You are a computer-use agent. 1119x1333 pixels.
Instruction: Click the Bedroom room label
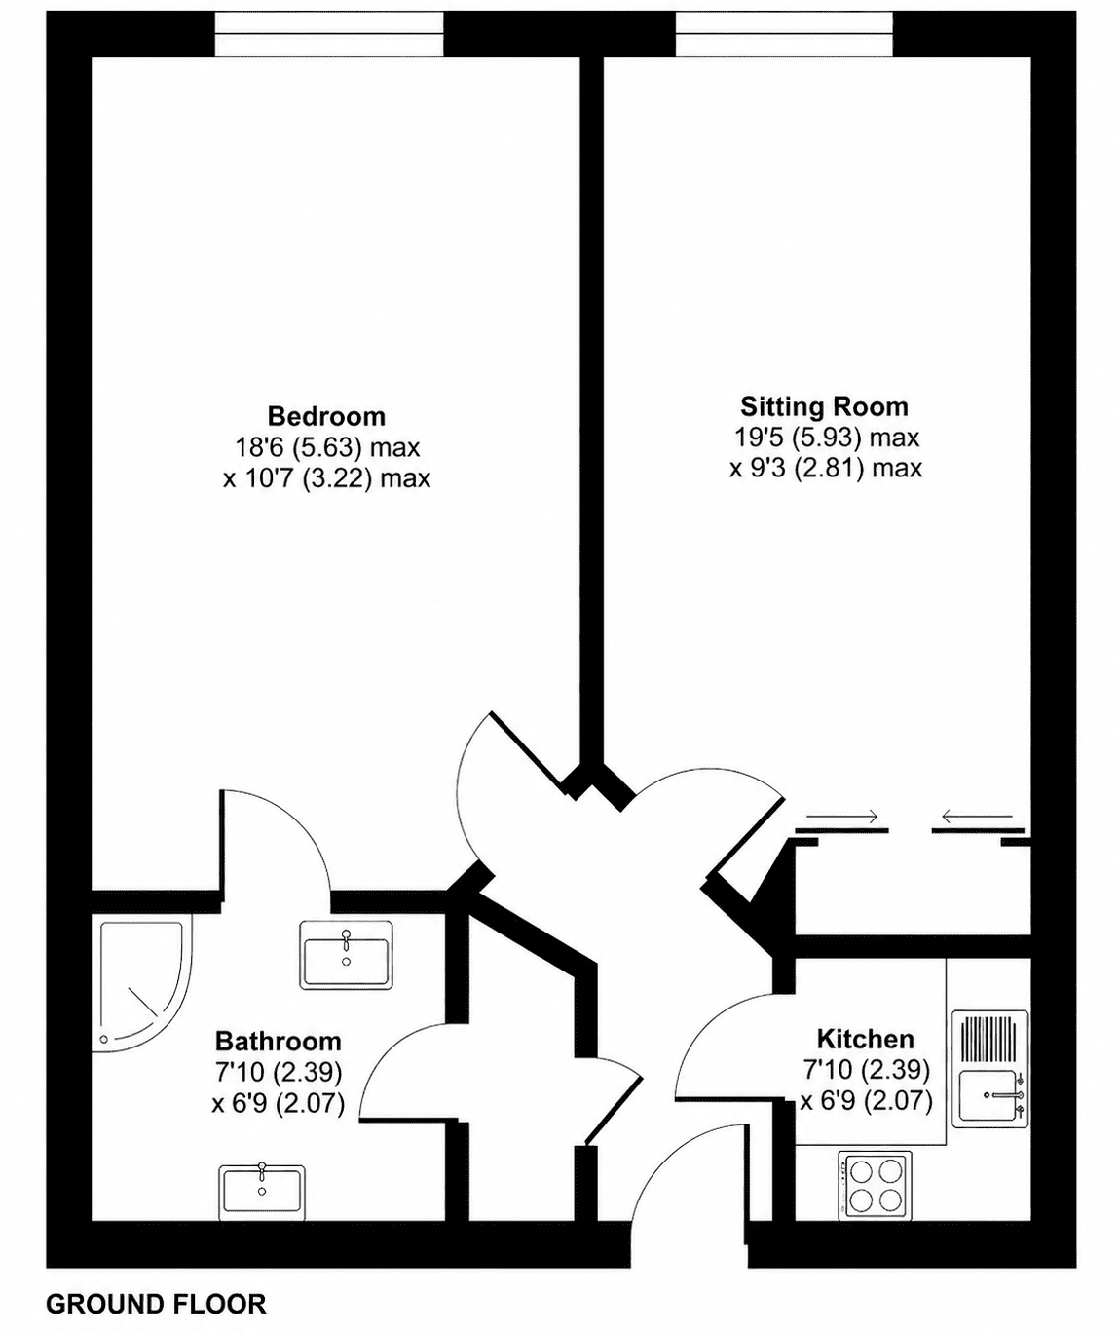326,416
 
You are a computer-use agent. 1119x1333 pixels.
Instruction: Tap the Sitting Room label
824,406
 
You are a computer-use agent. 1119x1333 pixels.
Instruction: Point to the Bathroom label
279,1042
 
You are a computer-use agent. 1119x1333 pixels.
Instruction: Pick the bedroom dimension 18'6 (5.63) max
328,447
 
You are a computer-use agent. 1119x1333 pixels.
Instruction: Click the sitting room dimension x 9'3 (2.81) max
826,468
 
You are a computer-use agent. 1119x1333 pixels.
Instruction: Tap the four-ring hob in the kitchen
874,1186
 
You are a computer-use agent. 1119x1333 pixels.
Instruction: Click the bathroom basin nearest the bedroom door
347,955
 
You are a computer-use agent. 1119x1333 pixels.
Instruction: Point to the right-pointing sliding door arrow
842,816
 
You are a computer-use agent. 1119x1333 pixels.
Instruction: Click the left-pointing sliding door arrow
977,816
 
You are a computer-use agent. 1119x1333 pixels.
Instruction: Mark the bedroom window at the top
329,34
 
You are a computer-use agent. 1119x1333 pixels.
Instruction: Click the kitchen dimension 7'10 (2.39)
866,1069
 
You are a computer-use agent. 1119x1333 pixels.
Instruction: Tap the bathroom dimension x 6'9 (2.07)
279,1102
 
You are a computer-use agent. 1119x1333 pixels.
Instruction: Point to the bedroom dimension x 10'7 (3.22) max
326,478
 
